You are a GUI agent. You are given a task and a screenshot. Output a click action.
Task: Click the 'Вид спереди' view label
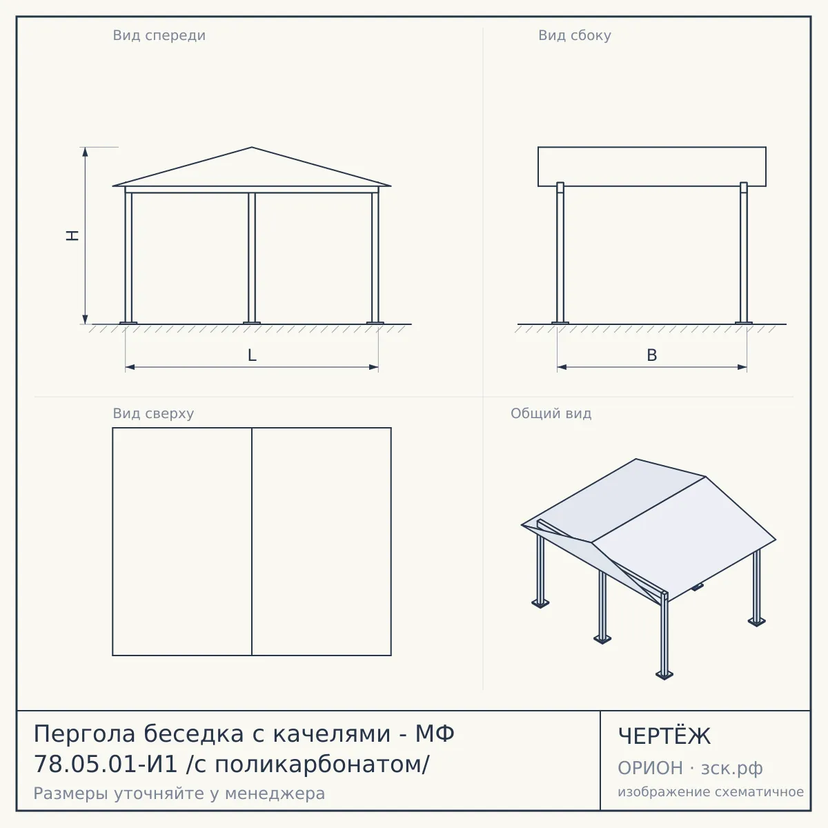[159, 35]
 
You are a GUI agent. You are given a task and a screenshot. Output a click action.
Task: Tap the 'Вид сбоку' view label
[575, 35]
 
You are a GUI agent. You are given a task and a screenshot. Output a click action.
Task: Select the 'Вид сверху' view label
[153, 413]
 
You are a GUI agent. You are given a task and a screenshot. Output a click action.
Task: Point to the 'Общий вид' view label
[551, 413]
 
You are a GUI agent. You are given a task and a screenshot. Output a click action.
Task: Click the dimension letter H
[72, 235]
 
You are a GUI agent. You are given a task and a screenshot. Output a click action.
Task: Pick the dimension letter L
[252, 355]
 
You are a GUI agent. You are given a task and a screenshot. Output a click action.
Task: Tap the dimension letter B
[652, 355]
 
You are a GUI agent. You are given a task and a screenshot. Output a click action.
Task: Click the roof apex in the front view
[252, 148]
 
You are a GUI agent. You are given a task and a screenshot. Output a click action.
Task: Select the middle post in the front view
[252, 257]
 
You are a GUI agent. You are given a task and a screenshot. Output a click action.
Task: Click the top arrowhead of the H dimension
[85, 151]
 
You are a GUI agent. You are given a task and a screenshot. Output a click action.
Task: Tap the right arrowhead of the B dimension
[742, 367]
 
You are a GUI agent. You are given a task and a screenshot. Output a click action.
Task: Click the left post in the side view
[560, 253]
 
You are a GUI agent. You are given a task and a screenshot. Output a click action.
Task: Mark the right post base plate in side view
[744, 323]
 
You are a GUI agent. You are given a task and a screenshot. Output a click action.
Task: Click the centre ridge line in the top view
[252, 542]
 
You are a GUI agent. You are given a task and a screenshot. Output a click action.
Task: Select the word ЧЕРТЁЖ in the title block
[664, 736]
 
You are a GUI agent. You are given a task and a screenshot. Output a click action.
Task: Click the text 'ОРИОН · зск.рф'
[690, 768]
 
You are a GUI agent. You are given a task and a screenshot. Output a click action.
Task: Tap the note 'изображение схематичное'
[711, 791]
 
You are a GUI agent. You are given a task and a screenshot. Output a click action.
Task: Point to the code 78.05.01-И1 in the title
[106, 765]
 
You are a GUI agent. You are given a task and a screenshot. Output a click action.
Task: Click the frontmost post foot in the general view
[664, 676]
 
